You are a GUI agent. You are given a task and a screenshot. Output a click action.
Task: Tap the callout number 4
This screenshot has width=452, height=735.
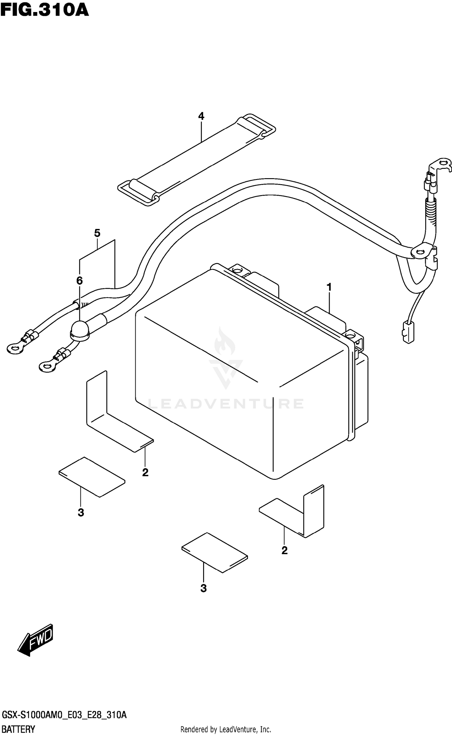tap(201, 116)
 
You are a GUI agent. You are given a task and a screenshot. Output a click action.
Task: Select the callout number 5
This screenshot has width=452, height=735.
tap(97, 233)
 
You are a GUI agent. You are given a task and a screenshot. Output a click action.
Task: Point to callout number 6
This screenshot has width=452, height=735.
tap(79, 281)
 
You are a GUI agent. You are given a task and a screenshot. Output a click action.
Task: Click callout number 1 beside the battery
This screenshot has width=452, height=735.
tap(329, 287)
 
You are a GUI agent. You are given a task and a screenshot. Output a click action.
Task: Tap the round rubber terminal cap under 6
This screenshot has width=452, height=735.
tap(80, 330)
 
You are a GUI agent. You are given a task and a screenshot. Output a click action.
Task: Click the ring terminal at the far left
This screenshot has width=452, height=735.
tap(15, 349)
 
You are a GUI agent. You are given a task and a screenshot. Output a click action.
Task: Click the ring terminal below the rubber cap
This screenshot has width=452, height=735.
tap(47, 366)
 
